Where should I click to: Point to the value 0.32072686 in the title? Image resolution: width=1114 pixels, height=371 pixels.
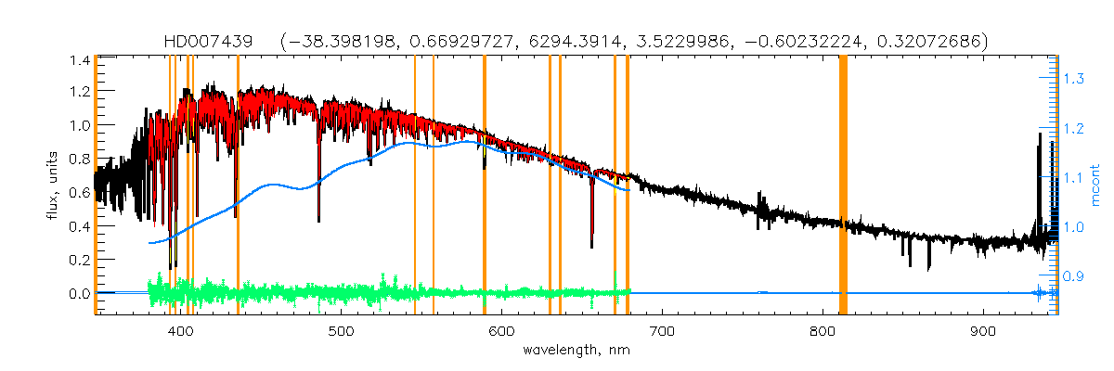(x=923, y=42)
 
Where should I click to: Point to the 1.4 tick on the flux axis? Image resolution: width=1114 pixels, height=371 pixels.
(x=79, y=60)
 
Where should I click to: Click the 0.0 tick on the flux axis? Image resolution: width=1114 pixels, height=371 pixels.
(x=79, y=294)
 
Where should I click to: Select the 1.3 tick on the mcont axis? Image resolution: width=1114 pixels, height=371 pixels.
(x=1073, y=80)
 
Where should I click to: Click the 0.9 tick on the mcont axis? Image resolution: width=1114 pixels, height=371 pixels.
(x=1073, y=276)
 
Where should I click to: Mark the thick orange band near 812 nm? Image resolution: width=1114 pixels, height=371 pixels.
(x=843, y=185)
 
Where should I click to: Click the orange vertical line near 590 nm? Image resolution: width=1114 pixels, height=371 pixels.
(x=485, y=185)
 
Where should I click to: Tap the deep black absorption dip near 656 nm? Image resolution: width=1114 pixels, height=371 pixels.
(x=592, y=232)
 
